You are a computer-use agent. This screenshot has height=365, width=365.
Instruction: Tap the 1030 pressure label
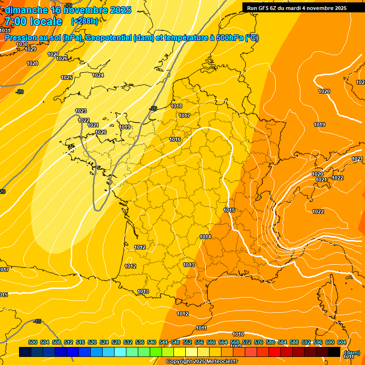(x=22, y=44)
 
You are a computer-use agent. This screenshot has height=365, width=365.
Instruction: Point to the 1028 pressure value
(x=32, y=63)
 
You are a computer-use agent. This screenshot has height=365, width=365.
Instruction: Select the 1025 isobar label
(x=67, y=77)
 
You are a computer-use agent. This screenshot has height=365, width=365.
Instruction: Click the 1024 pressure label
(x=98, y=75)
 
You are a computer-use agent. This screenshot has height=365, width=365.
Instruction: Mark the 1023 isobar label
(x=81, y=111)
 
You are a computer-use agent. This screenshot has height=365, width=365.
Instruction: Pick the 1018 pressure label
(x=176, y=106)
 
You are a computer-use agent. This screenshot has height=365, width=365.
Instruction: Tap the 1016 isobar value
(x=175, y=139)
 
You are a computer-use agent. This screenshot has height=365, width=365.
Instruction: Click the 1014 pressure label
(x=205, y=237)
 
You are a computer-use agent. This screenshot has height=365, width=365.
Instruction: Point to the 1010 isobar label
(x=238, y=334)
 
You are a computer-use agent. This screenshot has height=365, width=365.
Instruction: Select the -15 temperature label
(x=38, y=322)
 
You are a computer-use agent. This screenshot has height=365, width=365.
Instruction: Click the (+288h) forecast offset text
(x=84, y=21)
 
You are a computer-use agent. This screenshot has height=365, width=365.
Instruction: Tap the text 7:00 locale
(x=33, y=21)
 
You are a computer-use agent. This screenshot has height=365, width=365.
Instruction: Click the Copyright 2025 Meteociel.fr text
(x=202, y=361)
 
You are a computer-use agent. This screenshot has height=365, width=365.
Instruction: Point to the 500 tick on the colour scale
(x=33, y=342)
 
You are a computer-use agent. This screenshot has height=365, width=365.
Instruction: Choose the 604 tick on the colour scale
(x=341, y=342)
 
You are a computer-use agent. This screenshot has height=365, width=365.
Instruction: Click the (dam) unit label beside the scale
(x=352, y=352)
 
